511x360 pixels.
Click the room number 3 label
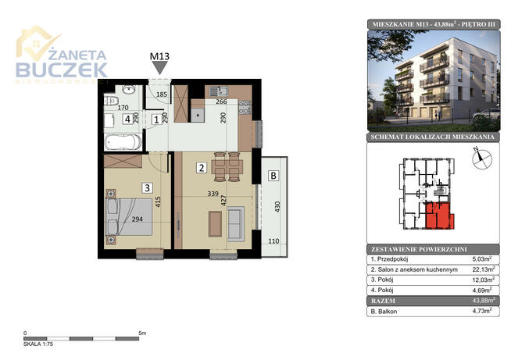click(x=148, y=187)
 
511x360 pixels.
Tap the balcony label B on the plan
click(x=273, y=176)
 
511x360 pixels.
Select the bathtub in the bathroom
click(x=123, y=142)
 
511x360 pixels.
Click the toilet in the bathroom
click(x=109, y=101)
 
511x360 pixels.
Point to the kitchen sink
click(x=219, y=91)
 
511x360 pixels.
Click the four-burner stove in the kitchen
click(x=245, y=108)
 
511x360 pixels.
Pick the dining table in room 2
click(x=227, y=167)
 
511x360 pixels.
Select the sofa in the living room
click(x=236, y=224)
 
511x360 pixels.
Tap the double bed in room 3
click(x=129, y=216)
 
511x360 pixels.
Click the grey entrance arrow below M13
click(x=160, y=68)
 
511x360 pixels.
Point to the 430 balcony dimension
click(x=277, y=207)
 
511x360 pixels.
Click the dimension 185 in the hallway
click(x=162, y=94)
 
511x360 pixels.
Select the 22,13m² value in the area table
click(x=484, y=269)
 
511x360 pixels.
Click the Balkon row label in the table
click(x=384, y=312)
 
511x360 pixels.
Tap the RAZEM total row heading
click(x=383, y=301)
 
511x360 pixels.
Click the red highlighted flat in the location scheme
click(x=438, y=216)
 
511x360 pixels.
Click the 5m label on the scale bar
click(x=142, y=333)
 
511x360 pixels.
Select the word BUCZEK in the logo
click(x=62, y=70)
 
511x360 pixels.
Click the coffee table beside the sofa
click(x=215, y=223)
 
